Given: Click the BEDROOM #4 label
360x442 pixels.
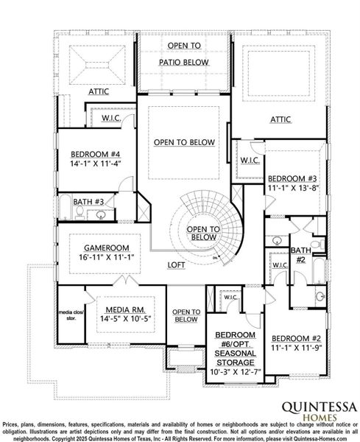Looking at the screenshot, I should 94,154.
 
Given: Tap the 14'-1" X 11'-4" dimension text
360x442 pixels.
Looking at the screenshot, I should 94,164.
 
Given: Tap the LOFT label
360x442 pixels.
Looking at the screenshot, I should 175,264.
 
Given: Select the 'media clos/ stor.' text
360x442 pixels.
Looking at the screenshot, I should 72,317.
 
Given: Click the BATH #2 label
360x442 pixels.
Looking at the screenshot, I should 300,255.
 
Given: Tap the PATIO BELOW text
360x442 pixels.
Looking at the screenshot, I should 183,62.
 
